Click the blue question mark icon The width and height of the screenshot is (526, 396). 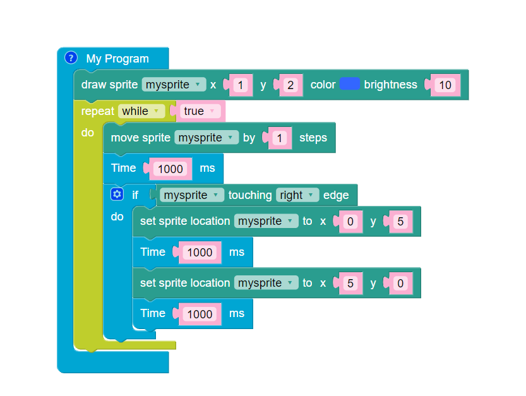tap(71, 58)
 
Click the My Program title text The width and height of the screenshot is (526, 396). tap(117, 59)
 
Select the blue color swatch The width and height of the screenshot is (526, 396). tap(349, 84)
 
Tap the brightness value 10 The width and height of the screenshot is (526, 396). tap(446, 85)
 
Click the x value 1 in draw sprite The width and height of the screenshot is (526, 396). tap(240, 85)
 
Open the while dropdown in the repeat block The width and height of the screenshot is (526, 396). tap(141, 111)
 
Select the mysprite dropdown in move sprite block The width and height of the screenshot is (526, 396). tap(206, 138)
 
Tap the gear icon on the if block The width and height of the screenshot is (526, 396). tap(116, 195)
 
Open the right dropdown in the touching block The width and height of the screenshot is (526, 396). tap(297, 195)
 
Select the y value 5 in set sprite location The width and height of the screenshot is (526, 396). tap(400, 222)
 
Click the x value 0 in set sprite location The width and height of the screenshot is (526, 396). tap(350, 222)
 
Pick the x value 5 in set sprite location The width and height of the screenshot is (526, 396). tap(350, 284)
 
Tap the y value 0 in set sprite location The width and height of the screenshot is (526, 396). tap(400, 284)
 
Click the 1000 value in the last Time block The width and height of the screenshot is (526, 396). tap(200, 314)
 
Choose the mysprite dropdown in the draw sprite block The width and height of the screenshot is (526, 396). tap(174, 85)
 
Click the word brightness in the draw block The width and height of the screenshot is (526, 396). tap(390, 85)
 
